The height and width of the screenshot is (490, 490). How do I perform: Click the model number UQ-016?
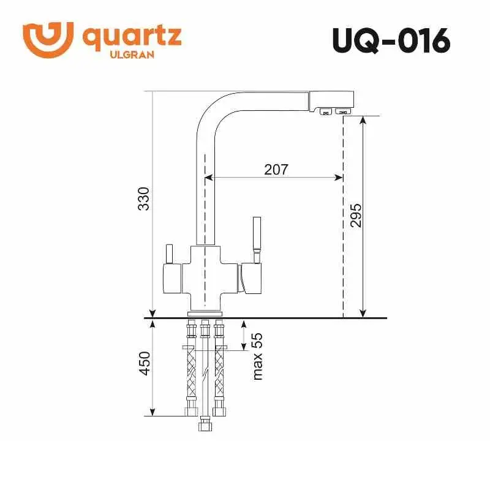tap(390, 41)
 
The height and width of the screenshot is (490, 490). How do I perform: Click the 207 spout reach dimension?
tap(276, 169)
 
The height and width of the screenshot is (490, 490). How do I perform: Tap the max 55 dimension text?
tap(257, 356)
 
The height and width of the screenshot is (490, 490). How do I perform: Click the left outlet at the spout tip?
tap(325, 111)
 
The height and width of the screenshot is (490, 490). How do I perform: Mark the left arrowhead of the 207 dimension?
tap(207, 178)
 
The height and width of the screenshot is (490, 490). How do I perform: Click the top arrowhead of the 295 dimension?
tap(363, 119)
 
